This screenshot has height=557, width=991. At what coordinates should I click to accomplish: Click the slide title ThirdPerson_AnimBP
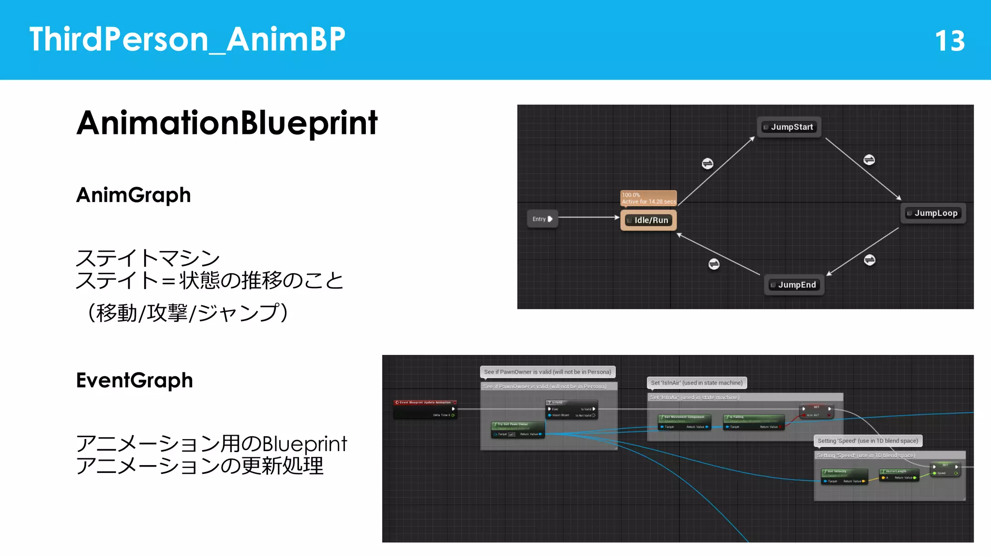point(187,40)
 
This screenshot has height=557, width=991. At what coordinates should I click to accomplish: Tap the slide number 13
point(949,41)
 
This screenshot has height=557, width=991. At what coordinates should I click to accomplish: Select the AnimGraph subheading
point(134,195)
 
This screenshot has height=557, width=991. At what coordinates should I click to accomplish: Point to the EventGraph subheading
point(135,381)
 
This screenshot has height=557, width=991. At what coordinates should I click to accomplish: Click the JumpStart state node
point(789,127)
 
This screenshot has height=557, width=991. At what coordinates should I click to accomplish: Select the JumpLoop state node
point(933,213)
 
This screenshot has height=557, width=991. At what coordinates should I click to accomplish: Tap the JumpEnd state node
point(794,285)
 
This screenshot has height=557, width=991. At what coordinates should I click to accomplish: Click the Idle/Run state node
point(648,220)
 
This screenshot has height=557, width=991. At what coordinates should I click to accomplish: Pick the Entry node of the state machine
point(541,219)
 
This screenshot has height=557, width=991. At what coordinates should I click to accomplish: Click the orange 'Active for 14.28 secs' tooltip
point(648,198)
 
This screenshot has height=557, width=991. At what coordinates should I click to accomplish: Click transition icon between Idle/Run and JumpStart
point(707,163)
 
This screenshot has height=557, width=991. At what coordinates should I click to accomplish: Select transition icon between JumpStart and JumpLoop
point(869,160)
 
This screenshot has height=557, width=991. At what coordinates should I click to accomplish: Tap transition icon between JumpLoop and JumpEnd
point(870,260)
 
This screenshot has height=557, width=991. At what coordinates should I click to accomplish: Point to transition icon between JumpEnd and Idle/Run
point(714,264)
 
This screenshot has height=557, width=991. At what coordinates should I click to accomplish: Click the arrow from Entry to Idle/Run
point(588,218)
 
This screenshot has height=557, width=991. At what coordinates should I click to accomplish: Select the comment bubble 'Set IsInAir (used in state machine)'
point(696,382)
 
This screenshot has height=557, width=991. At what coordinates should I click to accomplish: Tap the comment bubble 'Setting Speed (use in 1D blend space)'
point(868,440)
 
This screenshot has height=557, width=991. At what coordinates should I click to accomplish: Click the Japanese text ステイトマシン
point(148,258)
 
